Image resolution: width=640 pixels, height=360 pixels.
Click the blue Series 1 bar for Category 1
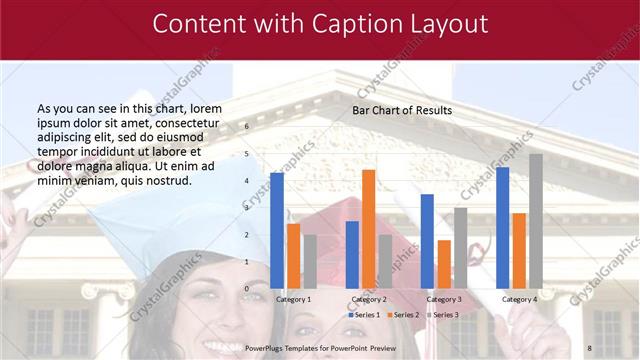[x=276, y=230]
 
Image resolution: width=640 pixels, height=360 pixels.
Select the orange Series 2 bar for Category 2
[x=368, y=229]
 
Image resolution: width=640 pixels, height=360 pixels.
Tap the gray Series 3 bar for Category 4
[x=536, y=221]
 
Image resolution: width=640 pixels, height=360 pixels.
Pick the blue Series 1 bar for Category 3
[x=427, y=241]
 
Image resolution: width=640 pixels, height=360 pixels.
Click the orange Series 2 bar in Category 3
[x=444, y=264]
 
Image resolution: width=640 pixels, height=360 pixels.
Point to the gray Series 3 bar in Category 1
[x=310, y=261]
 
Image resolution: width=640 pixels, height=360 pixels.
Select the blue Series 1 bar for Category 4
[x=502, y=227]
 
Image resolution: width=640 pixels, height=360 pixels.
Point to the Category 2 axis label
[x=369, y=299]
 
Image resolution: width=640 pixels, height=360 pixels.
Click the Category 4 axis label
[x=519, y=299]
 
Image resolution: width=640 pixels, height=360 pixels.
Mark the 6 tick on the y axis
[x=247, y=127]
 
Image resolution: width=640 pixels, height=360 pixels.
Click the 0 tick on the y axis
[x=247, y=289]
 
